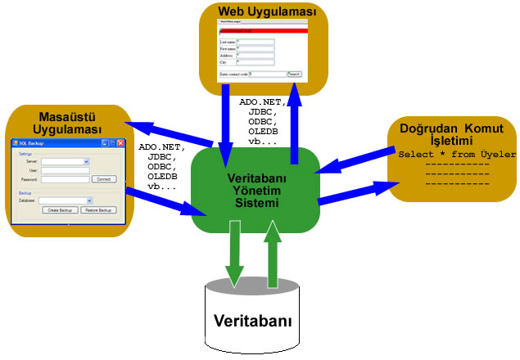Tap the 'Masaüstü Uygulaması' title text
[x=67, y=122]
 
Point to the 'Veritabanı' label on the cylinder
[x=252, y=320]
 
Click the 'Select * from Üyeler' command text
[x=456, y=154]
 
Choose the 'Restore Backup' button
[x=97, y=209]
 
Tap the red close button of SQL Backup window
[x=116, y=143]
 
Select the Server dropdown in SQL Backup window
[x=65, y=162]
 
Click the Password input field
[x=65, y=178]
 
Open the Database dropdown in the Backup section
[x=66, y=200]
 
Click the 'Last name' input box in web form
[x=254, y=41]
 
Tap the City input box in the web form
[x=254, y=61]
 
